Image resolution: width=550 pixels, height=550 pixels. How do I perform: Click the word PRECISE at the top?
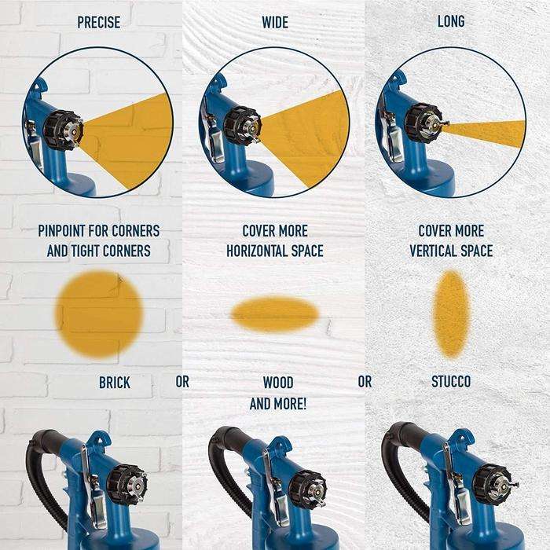98,22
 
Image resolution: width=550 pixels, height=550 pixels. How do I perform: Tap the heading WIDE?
274,22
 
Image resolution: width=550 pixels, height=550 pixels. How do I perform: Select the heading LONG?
450,21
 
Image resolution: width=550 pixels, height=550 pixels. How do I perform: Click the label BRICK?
115,383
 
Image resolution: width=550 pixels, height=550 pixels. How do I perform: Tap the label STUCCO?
451,382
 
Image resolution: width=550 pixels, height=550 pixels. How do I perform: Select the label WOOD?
277,383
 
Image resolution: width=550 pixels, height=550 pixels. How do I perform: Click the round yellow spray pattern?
99,313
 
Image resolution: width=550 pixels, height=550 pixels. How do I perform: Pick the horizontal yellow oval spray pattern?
275,313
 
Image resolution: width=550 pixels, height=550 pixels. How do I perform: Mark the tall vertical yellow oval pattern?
451,313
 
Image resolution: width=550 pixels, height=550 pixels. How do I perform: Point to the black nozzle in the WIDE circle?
243,126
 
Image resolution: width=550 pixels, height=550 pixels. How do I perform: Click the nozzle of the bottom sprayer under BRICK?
128,484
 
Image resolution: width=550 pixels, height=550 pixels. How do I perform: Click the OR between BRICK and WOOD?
182,383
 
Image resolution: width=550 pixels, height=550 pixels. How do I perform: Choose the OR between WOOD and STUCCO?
365,382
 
